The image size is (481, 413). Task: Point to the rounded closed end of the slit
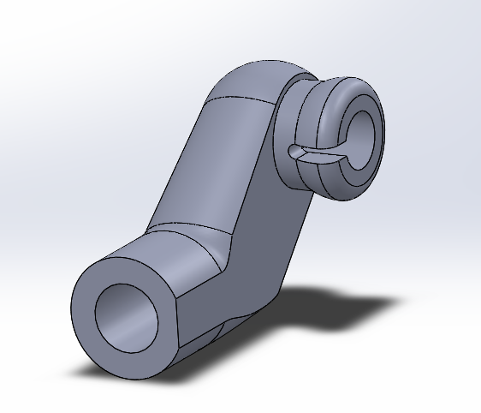(x=294, y=152)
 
